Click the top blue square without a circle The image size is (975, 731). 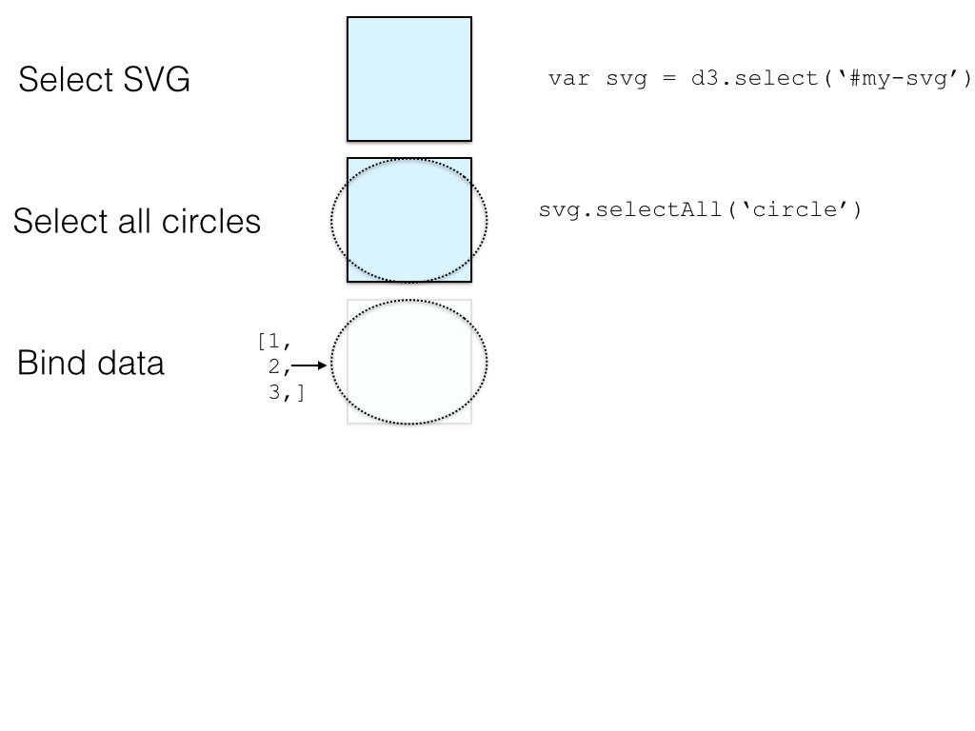coord(409,79)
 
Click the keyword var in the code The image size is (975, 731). coord(567,78)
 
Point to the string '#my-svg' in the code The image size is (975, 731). coord(895,78)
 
